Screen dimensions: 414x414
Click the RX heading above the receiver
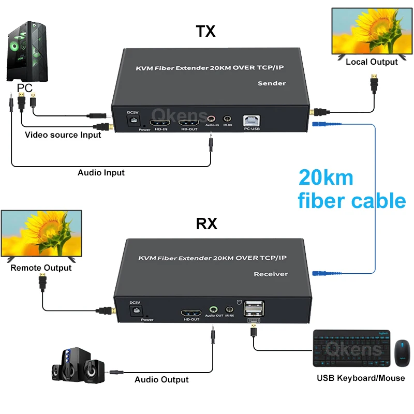[x=206, y=223]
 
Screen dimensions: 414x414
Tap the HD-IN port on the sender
[x=159, y=122]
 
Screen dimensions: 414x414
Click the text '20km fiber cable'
[x=351, y=189]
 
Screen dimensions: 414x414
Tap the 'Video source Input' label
[x=63, y=135]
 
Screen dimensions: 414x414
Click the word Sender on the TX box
[x=272, y=83]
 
